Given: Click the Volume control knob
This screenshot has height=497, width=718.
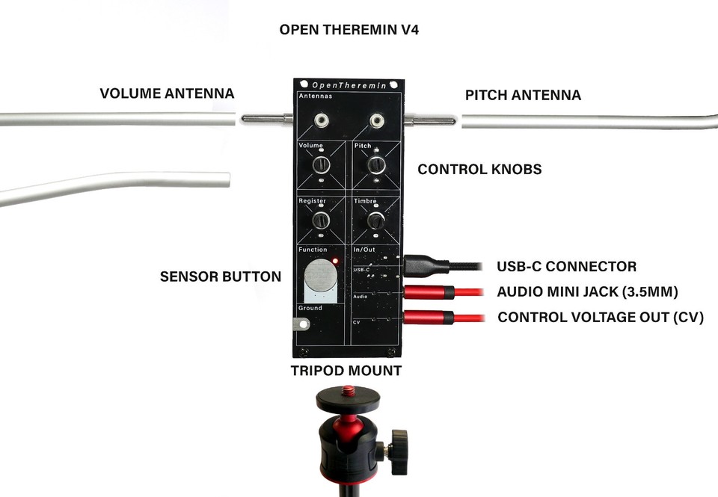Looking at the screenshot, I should pos(321,164).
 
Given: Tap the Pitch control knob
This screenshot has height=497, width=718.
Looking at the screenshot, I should pos(376,164).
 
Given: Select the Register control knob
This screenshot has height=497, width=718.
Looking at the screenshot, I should pos(321,220).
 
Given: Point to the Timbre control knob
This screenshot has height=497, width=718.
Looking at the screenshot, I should pos(376,220).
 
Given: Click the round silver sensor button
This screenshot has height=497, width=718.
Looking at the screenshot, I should pos(320,274).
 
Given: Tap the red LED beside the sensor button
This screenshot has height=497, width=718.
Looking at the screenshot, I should pos(336,262).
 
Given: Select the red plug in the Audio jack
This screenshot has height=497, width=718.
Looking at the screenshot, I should pos(427,291).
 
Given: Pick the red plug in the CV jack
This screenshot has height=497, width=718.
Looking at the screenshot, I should pos(427,318).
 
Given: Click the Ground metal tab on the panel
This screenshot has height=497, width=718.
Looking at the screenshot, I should pos(301,324).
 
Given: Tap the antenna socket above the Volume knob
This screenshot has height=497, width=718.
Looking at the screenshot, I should pos(322,119).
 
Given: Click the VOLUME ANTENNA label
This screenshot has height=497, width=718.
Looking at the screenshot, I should pos(167,94).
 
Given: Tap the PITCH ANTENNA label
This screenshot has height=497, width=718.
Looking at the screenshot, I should pos(523,96).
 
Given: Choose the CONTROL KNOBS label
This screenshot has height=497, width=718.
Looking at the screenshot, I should pos(479,170).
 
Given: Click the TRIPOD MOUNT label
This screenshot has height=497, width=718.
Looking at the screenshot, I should pos(346,371).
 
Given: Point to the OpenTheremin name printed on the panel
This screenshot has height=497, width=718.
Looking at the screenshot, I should pos(349,86).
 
